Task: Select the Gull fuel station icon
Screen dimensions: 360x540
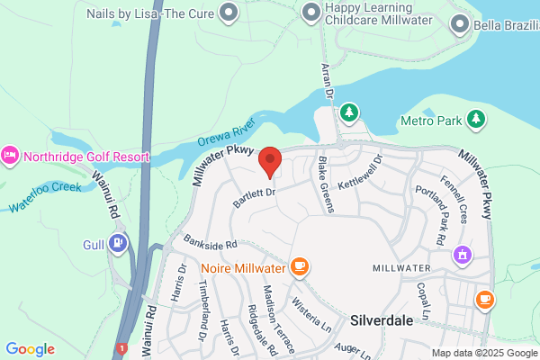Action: (117, 242)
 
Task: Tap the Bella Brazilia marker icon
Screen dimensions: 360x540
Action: (461, 25)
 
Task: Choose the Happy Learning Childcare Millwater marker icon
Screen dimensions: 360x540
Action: (310, 13)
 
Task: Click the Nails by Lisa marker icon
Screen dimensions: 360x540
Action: (229, 13)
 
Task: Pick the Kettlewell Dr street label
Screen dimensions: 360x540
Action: (360, 172)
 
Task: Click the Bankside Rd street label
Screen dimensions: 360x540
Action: (209, 243)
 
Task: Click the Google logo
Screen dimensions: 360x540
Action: (30, 349)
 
